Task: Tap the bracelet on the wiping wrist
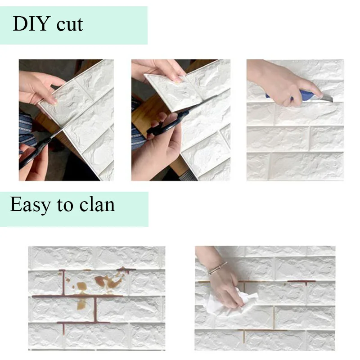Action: [x=217, y=269]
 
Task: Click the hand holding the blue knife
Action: [x=279, y=81]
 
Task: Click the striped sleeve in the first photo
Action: [x=26, y=128]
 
